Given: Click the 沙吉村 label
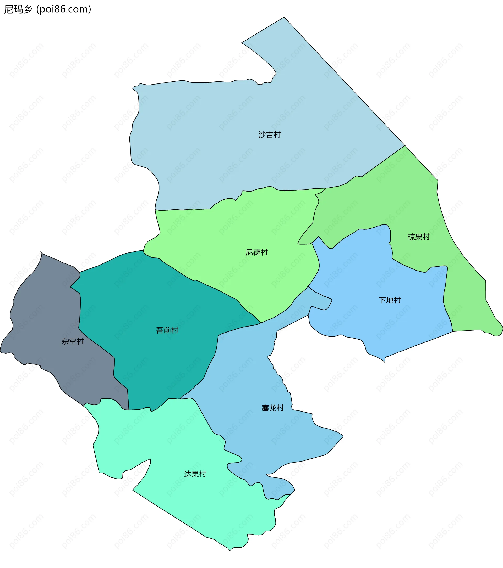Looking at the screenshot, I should pos(270,135).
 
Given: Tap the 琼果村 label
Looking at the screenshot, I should pos(419,237).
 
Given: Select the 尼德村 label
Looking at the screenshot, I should pos(256,252).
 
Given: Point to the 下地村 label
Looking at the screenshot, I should pos(390,300).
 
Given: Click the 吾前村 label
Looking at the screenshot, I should pos(167,330).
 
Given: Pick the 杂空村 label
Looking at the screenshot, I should pos(73,341).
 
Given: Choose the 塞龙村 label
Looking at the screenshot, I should pos(273,408).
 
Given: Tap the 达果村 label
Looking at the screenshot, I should pos(195,474).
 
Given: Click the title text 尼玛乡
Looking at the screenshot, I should pos(18,9).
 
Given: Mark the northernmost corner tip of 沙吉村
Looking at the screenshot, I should pos(284,18).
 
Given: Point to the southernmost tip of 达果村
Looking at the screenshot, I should pos(230,550).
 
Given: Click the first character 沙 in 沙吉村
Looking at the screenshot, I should pos(262,135).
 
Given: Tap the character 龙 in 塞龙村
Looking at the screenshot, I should pos(273,408).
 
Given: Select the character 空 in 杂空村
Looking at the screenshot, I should pos(73,341).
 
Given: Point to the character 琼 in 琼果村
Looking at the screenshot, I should pos(411,237).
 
